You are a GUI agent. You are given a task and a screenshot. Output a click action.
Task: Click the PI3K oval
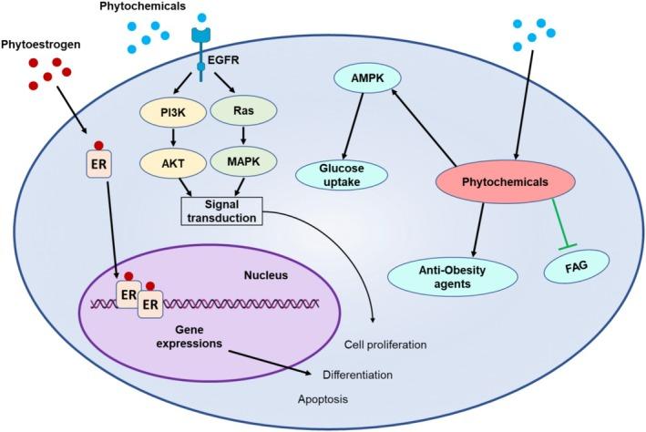(173, 112)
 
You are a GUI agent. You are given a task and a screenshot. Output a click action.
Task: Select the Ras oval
(243, 110)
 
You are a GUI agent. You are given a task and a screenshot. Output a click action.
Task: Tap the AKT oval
(173, 163)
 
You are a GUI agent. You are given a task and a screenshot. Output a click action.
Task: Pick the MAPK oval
(243, 160)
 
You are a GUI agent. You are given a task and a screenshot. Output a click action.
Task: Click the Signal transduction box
(221, 211)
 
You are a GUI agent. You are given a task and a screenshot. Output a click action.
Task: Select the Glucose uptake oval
(342, 175)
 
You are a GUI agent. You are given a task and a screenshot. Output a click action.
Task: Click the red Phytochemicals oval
(505, 181)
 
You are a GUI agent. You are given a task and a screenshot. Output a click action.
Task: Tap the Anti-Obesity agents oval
(452, 277)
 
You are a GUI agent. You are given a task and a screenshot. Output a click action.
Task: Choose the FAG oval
(577, 267)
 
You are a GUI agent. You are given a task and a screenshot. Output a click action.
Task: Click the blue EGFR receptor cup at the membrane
(201, 35)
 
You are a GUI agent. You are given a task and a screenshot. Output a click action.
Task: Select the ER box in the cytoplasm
(99, 164)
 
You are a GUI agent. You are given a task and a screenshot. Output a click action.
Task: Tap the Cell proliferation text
(385, 345)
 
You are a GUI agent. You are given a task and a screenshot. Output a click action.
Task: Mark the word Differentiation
(357, 375)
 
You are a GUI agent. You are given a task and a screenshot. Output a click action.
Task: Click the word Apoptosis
(323, 399)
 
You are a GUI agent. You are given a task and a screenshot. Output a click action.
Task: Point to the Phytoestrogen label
(40, 45)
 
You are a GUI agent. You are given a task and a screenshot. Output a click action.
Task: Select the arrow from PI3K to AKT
(173, 138)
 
